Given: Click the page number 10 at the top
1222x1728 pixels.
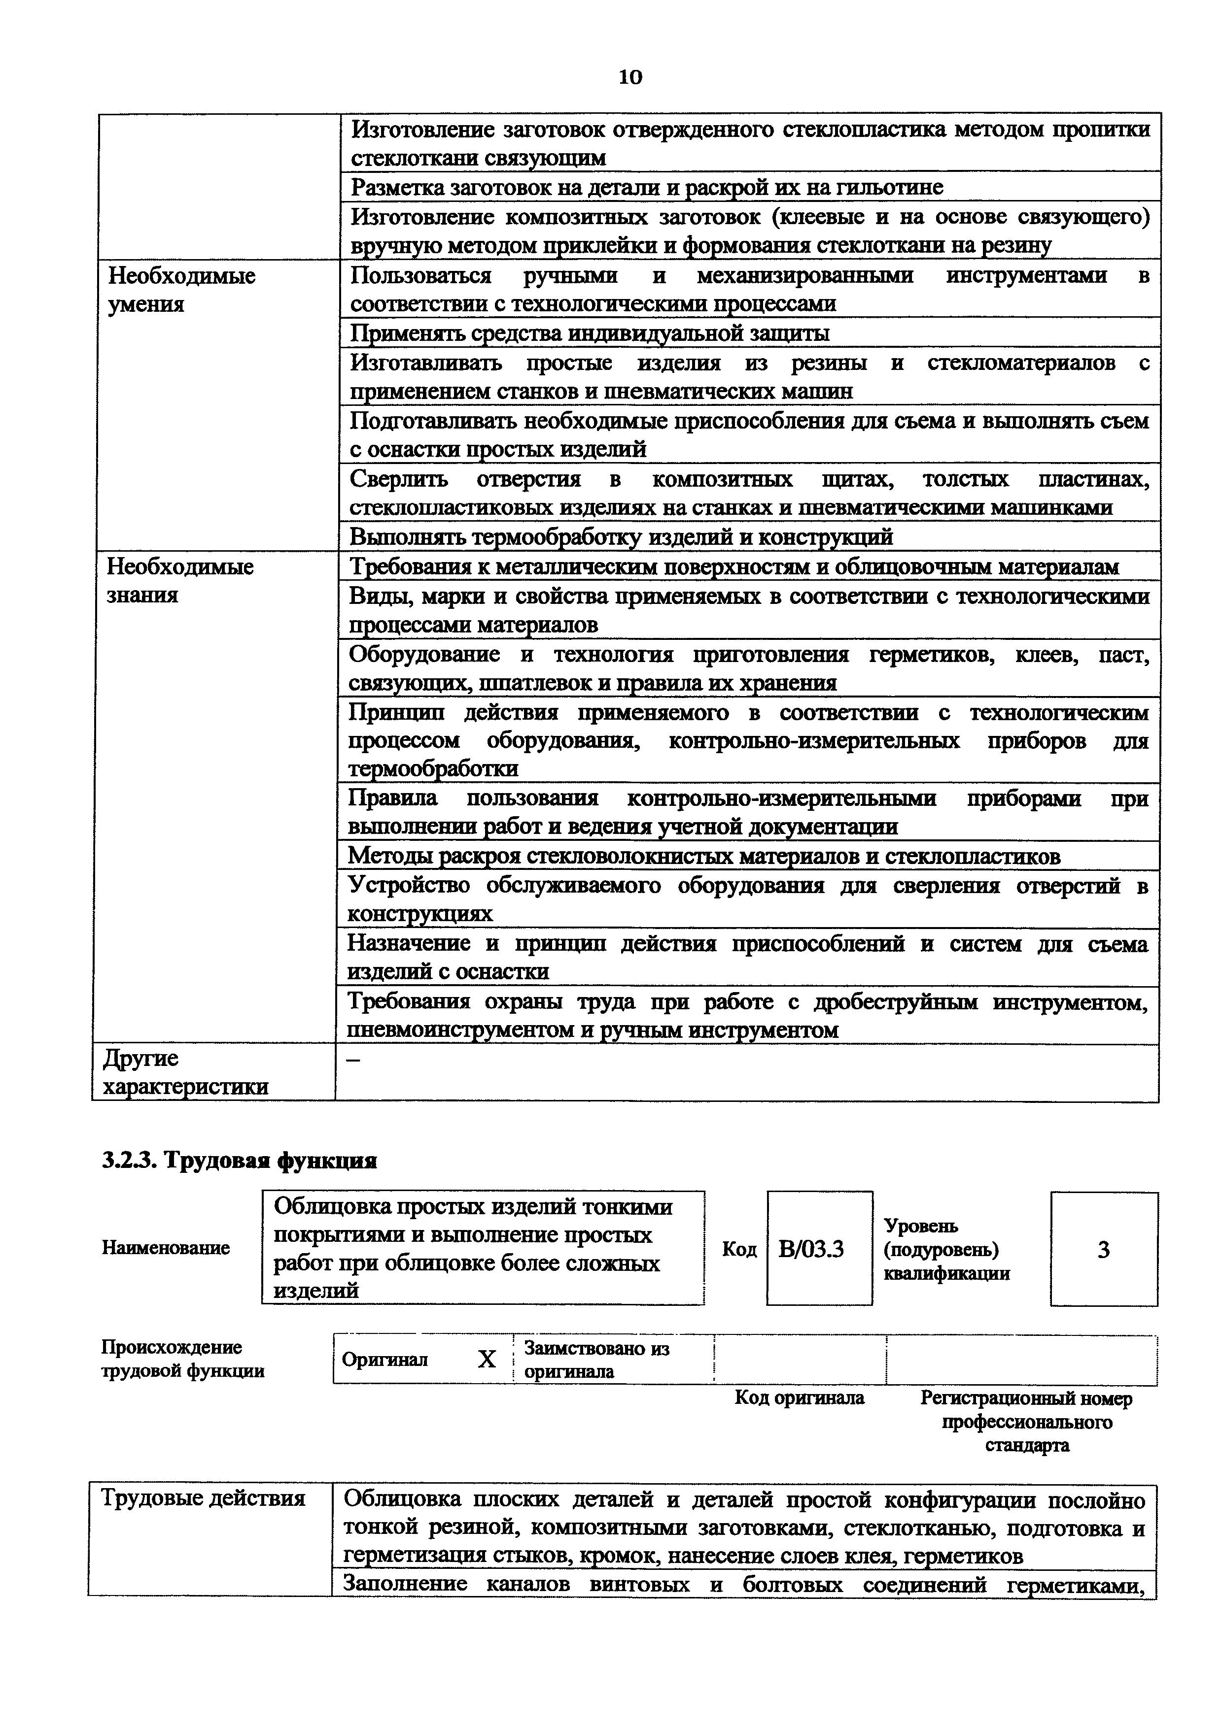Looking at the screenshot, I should point(629,77).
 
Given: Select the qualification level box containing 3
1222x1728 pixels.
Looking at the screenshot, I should point(1103,1249).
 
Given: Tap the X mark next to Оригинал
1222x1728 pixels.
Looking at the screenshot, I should point(487,1359).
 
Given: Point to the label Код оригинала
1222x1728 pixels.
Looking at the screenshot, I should point(800,1397).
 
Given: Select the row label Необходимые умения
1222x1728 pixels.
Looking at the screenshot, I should point(181,290).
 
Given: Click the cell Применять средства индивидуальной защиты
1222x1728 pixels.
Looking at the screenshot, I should point(590,332).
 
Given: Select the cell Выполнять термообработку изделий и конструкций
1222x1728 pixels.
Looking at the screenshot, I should point(621,536).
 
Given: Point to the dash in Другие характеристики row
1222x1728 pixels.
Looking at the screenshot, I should point(351,1060).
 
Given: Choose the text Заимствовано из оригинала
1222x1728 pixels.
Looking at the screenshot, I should point(596,1359).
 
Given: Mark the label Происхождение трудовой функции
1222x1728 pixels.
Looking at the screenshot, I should point(183,1359).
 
